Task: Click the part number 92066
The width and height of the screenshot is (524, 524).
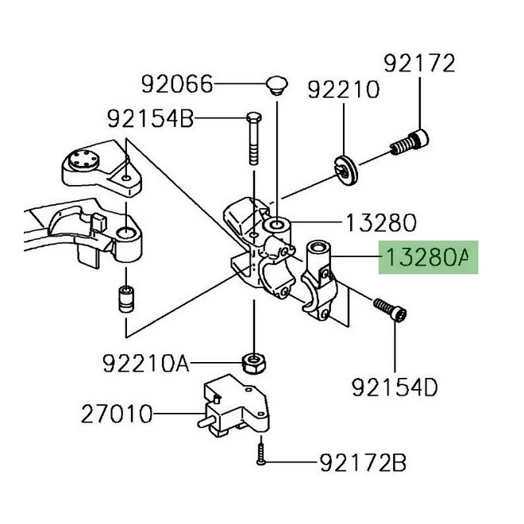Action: point(177,83)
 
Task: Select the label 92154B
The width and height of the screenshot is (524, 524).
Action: point(150,120)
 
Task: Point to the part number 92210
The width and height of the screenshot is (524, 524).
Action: point(345,89)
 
